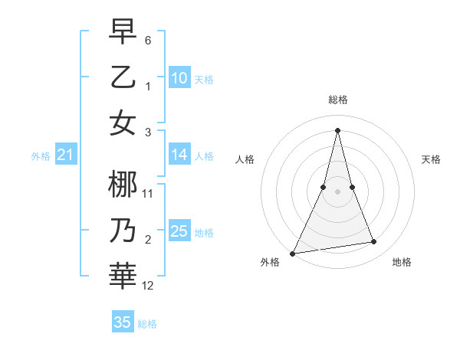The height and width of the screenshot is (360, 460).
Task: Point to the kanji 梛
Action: click(x=123, y=185)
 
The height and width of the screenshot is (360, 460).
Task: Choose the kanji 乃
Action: click(x=123, y=231)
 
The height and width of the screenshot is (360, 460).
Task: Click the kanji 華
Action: click(x=123, y=277)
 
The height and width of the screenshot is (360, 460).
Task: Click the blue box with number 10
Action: click(x=179, y=78)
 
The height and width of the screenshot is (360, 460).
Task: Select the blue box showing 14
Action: click(x=179, y=155)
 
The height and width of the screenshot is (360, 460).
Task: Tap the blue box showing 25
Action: click(x=179, y=231)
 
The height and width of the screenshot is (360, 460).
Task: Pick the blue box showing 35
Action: click(x=123, y=322)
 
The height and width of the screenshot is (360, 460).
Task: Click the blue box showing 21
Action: click(x=66, y=155)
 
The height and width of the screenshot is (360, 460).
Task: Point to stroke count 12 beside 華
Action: click(x=148, y=286)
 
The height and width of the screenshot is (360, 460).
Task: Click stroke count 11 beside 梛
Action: click(x=148, y=194)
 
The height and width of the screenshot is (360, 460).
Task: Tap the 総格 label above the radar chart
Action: click(x=337, y=100)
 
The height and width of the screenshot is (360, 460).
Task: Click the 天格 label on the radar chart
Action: click(x=432, y=159)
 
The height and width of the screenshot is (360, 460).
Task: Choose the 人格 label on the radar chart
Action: click(x=245, y=159)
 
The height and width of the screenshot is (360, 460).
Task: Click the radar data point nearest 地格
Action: click(x=374, y=242)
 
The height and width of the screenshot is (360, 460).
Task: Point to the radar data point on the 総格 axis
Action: click(x=337, y=130)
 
